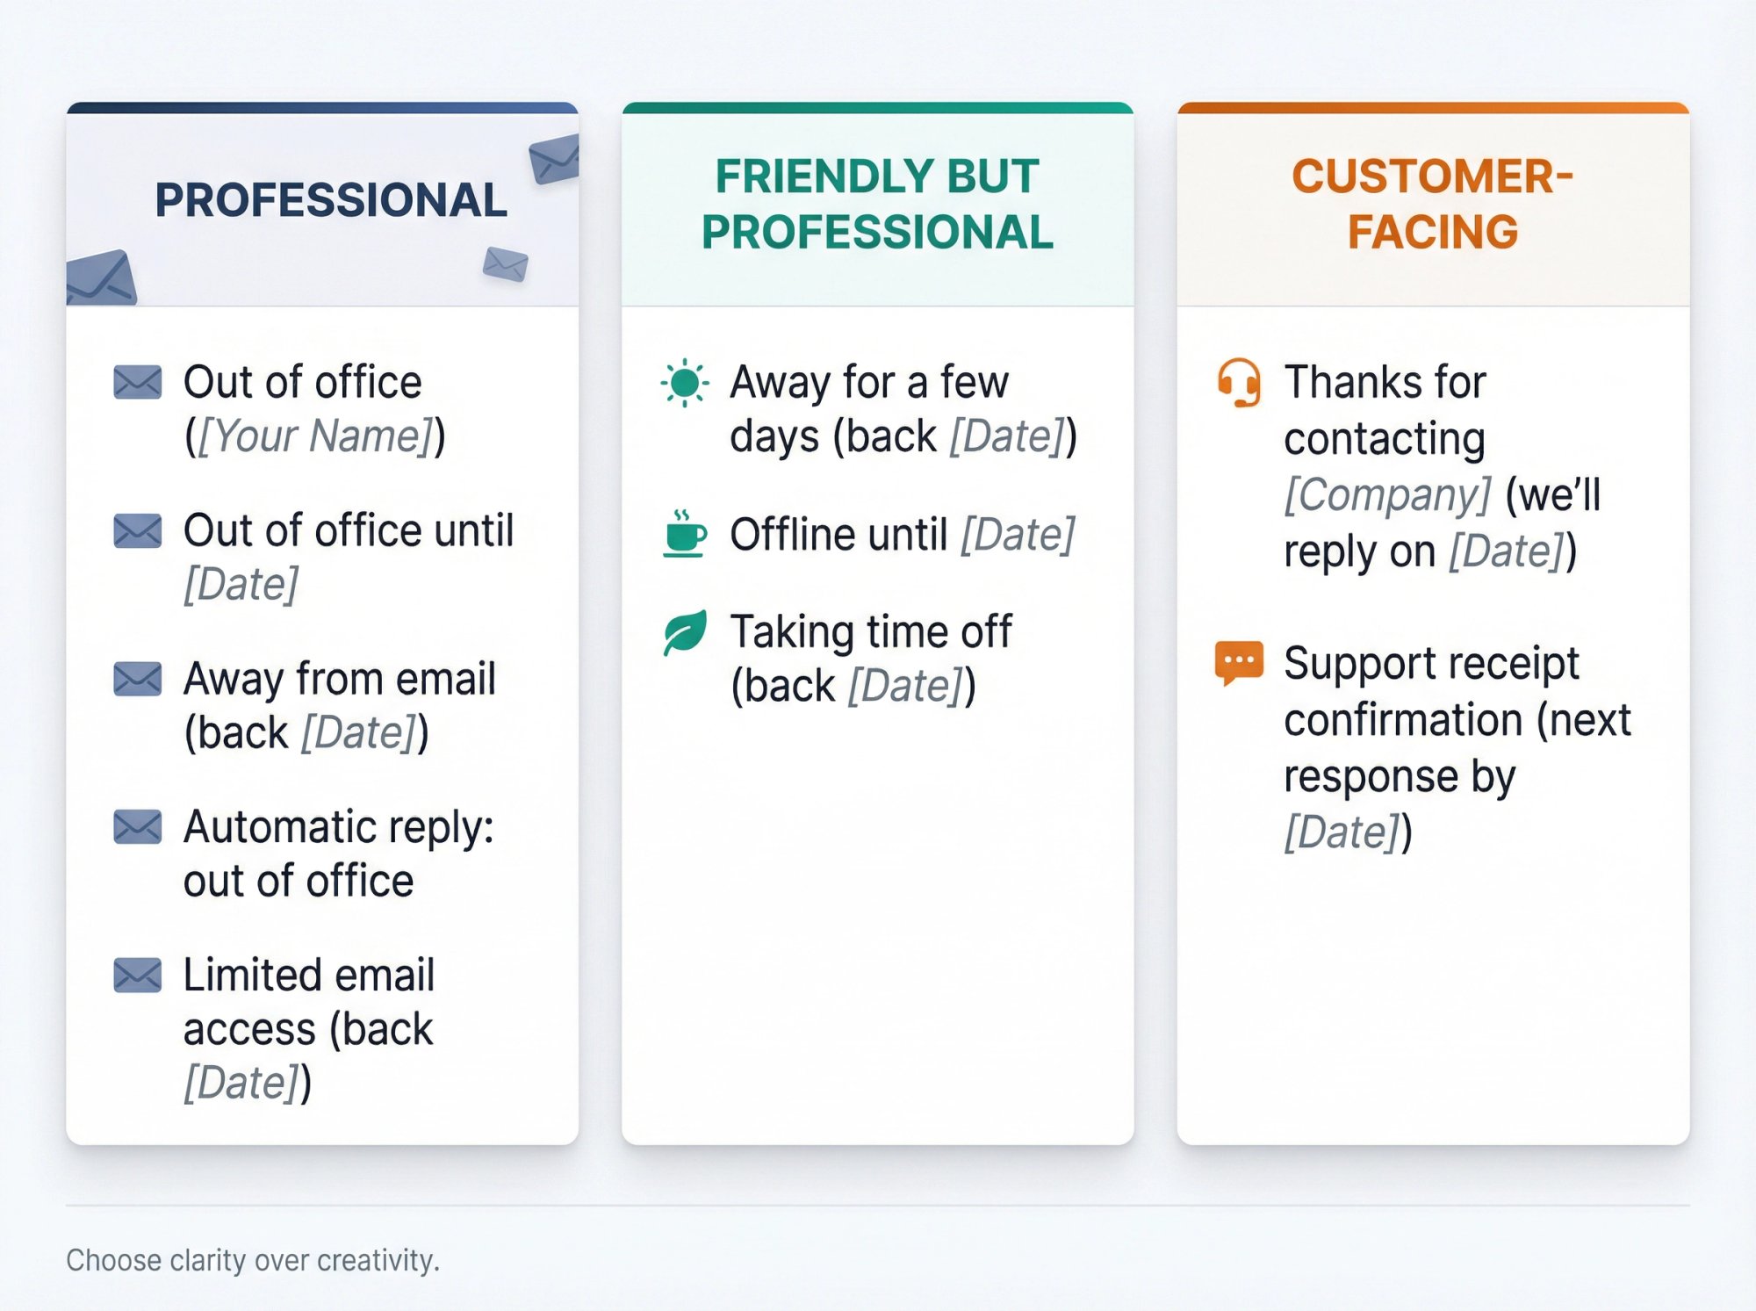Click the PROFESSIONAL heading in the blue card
[331, 200]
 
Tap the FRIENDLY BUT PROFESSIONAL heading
[877, 204]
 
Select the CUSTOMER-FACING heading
[1432, 204]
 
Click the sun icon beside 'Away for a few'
[684, 383]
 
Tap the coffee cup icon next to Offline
[684, 533]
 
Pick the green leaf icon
[685, 632]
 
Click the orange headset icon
[1239, 383]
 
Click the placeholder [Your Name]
[315, 436]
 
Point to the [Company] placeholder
[1387, 494]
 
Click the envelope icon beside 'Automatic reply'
[138, 827]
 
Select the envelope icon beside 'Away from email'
[138, 679]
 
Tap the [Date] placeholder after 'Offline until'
[1018, 535]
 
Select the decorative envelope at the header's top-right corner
[554, 158]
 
